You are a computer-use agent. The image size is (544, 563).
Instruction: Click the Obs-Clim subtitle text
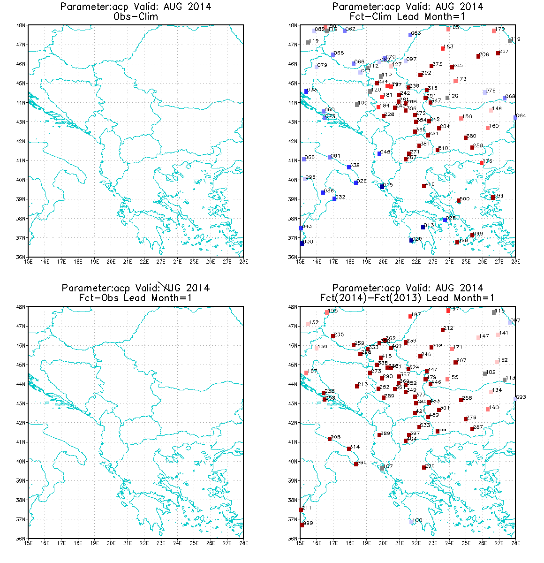[136, 16]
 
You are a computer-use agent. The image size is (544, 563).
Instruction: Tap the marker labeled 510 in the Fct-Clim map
[438, 150]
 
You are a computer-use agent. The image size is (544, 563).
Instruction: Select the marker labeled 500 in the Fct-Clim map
[459, 201]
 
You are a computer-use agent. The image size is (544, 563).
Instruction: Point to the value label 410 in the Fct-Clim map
[430, 185]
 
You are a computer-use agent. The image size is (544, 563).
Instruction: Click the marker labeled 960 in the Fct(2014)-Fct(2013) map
[356, 464]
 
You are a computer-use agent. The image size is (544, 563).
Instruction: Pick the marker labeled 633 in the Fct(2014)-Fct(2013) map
[419, 427]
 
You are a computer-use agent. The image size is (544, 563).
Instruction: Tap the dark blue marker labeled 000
[302, 243]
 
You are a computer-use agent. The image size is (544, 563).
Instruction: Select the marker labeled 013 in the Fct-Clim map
[423, 227]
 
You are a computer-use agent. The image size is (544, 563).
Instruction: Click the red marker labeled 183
[443, 48]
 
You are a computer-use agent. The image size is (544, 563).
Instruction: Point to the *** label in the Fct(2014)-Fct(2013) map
[442, 430]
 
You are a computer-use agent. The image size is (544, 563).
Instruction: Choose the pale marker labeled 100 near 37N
[411, 522]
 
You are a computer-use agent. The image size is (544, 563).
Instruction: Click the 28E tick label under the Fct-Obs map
[243, 543]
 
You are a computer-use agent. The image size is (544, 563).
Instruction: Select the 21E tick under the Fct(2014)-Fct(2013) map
[400, 543]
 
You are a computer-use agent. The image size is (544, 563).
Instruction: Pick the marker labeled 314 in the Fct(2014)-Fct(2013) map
[349, 449]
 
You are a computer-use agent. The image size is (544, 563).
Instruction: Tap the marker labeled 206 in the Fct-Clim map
[478, 56]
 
